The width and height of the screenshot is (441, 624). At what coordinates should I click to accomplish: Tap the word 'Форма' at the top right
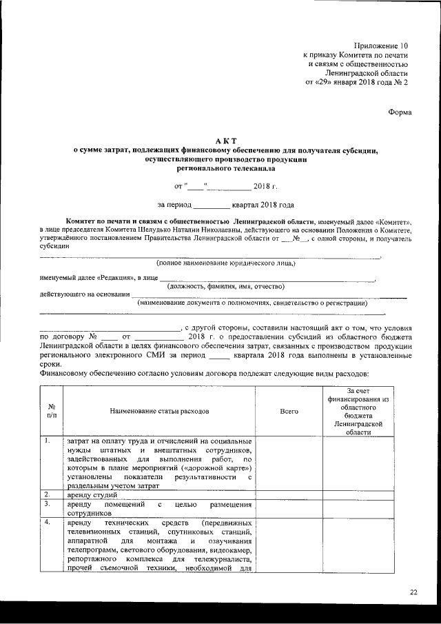(x=400, y=112)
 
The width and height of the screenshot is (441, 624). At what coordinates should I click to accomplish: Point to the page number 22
(x=413, y=591)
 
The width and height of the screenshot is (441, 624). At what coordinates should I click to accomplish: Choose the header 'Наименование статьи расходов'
(x=158, y=411)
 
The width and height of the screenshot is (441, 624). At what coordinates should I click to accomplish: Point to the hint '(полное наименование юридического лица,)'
(x=225, y=263)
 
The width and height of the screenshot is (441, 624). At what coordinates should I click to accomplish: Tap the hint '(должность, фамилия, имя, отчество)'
(x=227, y=286)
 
